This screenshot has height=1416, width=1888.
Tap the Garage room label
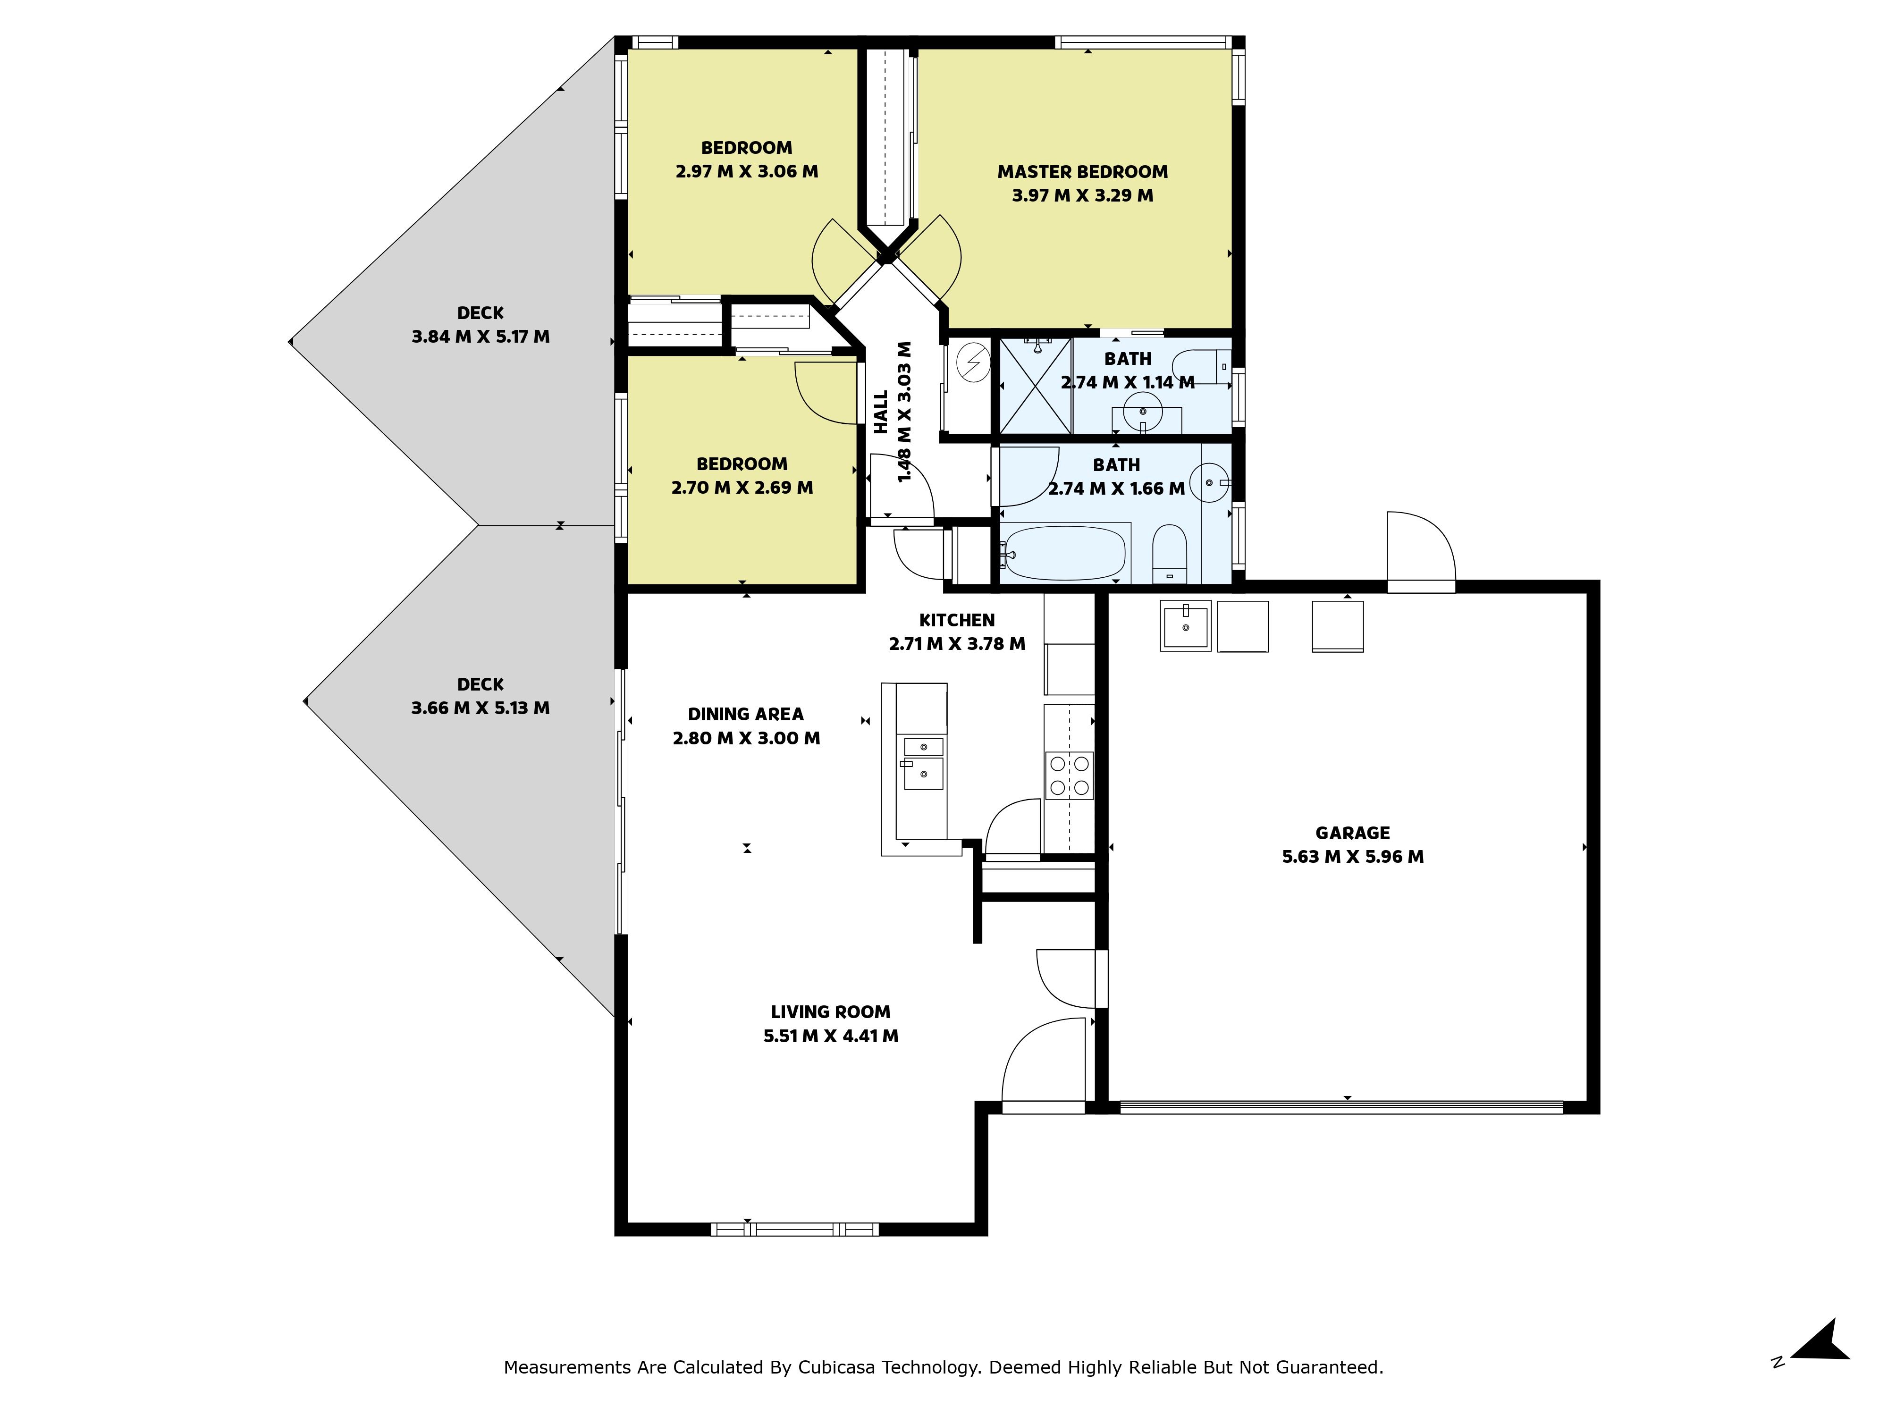click(1353, 833)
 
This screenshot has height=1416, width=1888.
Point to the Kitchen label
click(957, 621)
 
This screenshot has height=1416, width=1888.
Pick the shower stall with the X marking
click(1035, 386)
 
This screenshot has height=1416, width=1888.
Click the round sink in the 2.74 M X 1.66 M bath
click(1209, 483)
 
